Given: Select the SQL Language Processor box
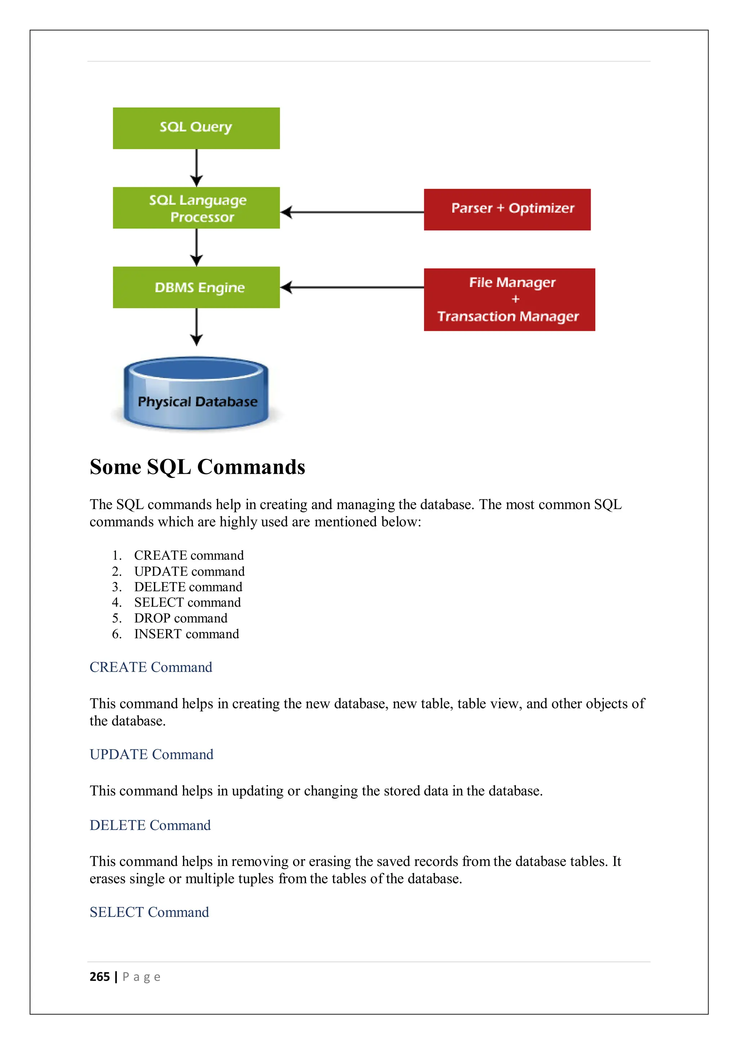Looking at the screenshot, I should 196,207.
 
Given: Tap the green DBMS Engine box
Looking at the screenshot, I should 196,287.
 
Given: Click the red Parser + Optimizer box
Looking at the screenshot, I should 507,209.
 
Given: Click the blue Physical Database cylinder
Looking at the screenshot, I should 196,394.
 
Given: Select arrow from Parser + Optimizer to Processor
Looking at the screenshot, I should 352,212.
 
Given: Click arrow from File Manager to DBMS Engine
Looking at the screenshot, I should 352,287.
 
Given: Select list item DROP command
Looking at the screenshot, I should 181,618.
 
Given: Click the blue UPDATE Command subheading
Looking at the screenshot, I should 151,755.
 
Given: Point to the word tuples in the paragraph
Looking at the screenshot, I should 253,879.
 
